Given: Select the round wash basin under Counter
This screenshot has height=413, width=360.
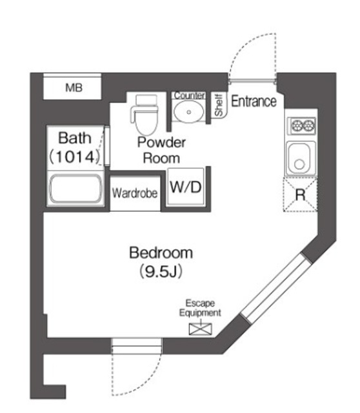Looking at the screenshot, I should pyautogui.click(x=188, y=111).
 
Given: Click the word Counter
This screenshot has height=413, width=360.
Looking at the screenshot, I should pyautogui.click(x=189, y=96).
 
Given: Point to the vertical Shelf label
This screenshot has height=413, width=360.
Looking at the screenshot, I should pyautogui.click(x=219, y=105).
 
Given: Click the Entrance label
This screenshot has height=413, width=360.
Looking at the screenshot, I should pyautogui.click(x=254, y=101).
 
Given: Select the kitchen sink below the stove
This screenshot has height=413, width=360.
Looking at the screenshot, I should pyautogui.click(x=300, y=158).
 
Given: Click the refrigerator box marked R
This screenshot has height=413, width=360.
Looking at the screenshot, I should pyautogui.click(x=301, y=194).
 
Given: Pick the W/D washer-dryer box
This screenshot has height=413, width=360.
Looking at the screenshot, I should pyautogui.click(x=186, y=187).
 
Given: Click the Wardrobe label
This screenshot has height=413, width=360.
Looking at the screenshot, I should pyautogui.click(x=135, y=192).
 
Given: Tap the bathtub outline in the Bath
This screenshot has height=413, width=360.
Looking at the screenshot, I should pyautogui.click(x=75, y=188).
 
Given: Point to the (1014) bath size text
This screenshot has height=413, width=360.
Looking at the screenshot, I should pyautogui.click(x=74, y=156).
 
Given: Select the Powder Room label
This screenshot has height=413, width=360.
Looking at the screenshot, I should pyautogui.click(x=161, y=150).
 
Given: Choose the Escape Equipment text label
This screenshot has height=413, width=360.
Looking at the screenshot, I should pyautogui.click(x=201, y=307).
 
